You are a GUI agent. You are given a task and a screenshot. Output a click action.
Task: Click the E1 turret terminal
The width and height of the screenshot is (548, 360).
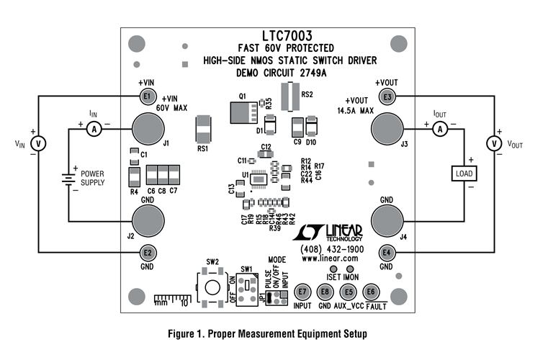tap(147, 96)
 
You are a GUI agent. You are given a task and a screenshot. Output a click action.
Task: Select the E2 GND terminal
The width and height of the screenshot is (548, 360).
tap(147, 253)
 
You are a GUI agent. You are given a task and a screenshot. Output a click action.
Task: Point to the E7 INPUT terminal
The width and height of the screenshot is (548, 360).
tap(302, 292)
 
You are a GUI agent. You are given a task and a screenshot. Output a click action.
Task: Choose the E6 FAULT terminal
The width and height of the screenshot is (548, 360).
tap(371, 292)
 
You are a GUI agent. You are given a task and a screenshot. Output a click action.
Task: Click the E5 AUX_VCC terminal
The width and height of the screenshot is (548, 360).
tap(349, 292)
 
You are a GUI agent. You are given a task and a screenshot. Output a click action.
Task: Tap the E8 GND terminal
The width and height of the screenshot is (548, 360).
tap(325, 292)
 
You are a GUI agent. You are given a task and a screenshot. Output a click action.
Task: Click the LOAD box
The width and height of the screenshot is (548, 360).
tap(462, 174)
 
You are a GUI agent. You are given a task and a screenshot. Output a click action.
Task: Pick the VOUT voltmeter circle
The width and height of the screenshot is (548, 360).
tap(495, 143)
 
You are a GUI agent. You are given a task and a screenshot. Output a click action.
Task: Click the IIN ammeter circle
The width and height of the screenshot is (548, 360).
tap(93, 128)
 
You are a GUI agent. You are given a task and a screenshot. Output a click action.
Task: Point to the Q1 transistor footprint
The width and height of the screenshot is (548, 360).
tap(241, 112)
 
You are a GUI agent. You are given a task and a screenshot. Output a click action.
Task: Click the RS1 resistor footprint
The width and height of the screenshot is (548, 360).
tap(204, 130)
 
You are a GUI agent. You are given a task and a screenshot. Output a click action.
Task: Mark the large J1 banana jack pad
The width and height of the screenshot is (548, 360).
tap(146, 130)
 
